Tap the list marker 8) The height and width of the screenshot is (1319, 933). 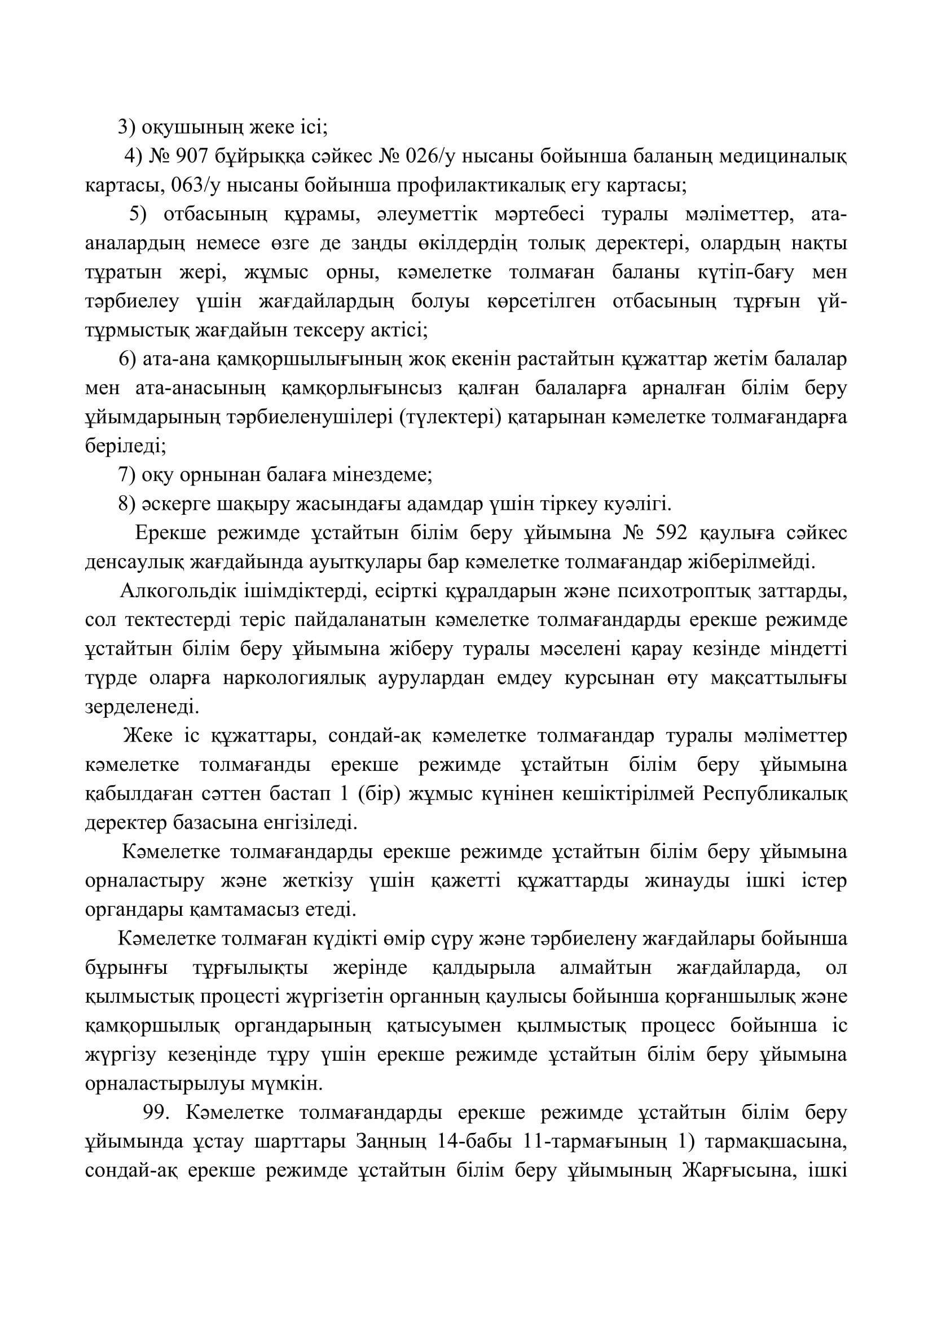click(x=126, y=504)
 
